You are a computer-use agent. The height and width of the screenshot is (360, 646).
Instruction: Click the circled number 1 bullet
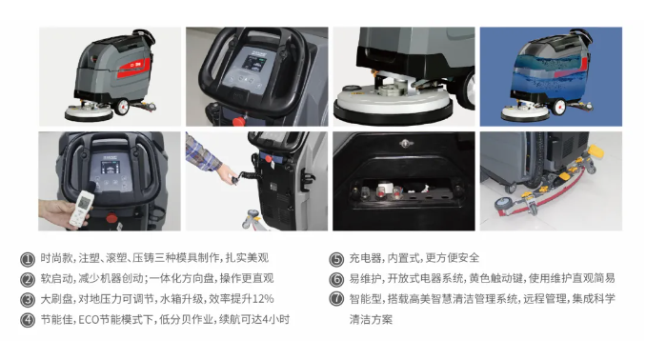point(28,259)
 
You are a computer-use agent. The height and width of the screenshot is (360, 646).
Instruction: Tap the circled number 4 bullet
point(28,320)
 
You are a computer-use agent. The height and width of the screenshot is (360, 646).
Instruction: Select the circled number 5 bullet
point(336,259)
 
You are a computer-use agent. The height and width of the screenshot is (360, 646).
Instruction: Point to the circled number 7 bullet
point(336,299)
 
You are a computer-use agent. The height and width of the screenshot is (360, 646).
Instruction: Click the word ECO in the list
point(87,320)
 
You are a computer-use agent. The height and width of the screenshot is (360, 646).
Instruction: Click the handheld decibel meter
point(82,208)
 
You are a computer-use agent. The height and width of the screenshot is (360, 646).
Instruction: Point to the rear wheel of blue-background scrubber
point(558,107)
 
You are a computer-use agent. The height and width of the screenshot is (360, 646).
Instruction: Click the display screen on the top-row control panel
point(252,63)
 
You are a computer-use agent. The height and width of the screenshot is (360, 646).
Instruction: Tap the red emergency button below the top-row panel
point(238,121)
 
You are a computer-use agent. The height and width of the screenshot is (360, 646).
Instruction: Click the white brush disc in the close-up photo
point(393,102)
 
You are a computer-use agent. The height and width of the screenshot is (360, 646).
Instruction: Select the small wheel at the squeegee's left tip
point(503,205)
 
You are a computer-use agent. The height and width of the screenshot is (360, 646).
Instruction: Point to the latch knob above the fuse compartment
point(406,144)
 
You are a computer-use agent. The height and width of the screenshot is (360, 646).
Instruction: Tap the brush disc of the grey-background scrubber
point(89,112)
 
